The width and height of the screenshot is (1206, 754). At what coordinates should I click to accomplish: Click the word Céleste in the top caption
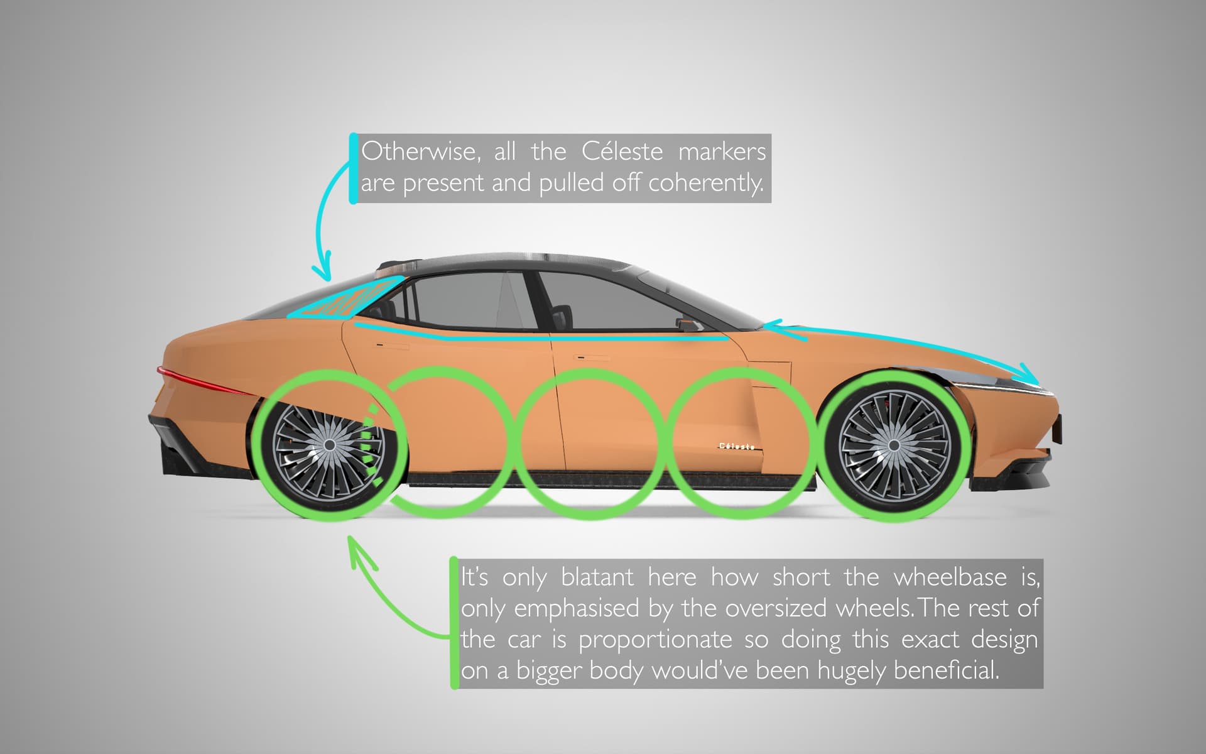click(622, 152)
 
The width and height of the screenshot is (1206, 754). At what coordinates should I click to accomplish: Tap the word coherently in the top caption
click(706, 183)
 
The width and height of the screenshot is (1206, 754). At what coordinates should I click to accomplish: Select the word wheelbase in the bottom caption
click(950, 577)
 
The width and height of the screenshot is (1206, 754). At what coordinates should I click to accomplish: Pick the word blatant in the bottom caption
click(597, 577)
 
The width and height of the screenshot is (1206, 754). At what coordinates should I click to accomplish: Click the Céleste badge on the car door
click(737, 446)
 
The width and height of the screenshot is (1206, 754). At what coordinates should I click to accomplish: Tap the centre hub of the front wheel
click(893, 445)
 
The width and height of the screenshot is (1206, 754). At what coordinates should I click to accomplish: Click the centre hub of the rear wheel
click(329, 445)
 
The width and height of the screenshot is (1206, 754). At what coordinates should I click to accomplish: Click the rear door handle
click(382, 345)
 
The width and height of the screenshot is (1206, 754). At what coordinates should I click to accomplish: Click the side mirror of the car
click(689, 324)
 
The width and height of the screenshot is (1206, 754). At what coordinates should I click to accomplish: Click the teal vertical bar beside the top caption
click(353, 168)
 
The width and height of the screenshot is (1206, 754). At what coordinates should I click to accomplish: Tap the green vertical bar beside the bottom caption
click(454, 623)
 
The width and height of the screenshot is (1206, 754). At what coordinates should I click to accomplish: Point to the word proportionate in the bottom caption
click(655, 640)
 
